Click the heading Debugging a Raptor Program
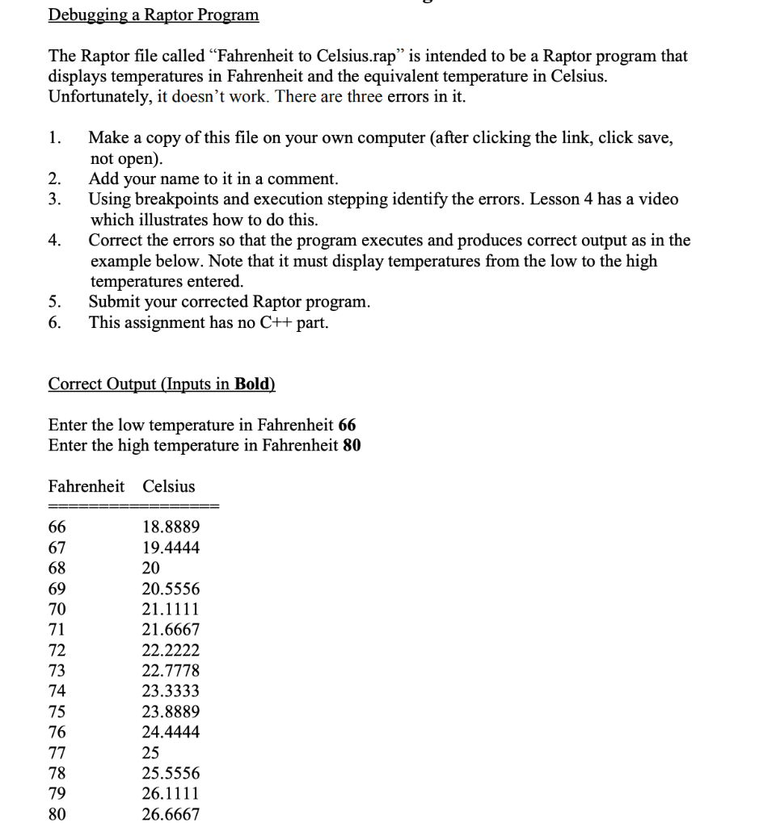154,15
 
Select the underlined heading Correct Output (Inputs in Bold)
162,384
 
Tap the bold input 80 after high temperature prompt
352,445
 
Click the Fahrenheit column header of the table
86,486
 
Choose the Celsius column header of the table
169,486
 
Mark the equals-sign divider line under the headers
133,506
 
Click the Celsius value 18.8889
171,527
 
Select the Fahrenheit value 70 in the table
57,609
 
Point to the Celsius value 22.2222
171,650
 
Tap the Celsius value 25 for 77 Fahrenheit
150,753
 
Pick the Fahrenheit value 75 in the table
57,712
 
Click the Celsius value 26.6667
171,814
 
